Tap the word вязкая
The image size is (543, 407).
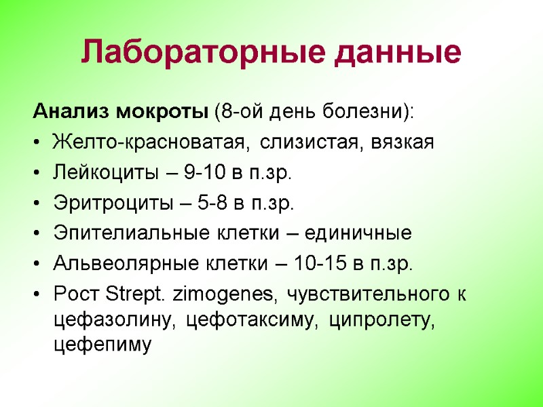[x=402, y=142]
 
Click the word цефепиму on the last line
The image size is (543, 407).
[x=100, y=345]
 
